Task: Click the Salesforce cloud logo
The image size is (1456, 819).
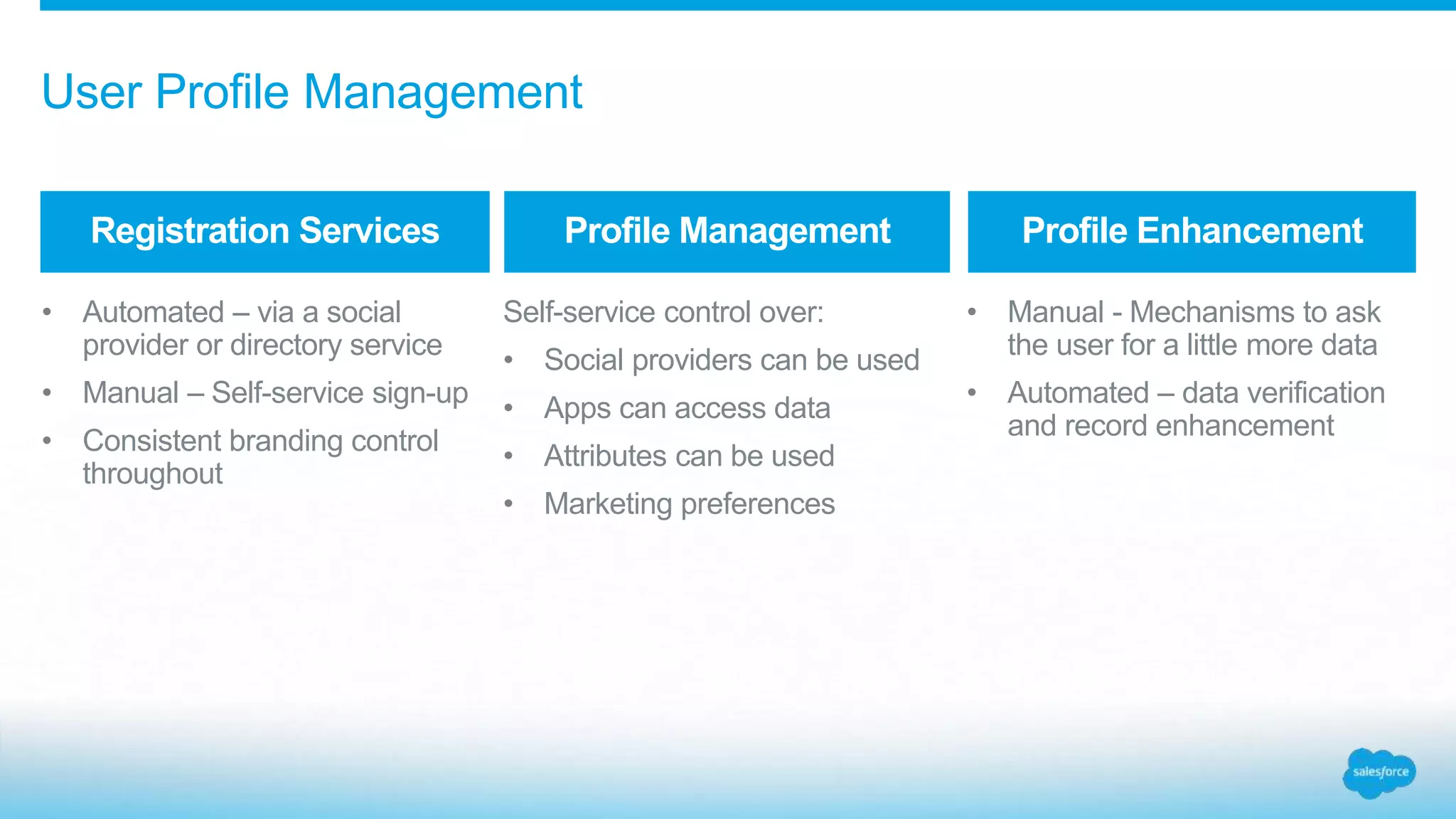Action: [x=1379, y=773]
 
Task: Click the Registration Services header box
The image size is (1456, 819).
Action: [x=264, y=232]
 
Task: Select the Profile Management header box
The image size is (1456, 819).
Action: [x=727, y=232]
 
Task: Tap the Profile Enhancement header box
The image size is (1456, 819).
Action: [x=1192, y=232]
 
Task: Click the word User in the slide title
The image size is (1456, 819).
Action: [x=92, y=92]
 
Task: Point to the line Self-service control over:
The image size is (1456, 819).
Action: [x=663, y=313]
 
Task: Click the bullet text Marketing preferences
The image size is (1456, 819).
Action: [x=689, y=504]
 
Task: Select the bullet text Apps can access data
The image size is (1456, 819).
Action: [x=687, y=409]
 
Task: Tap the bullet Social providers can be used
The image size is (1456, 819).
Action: [x=732, y=360]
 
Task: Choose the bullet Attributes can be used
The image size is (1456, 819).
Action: [x=689, y=456]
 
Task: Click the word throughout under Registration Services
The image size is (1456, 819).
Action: [x=152, y=474]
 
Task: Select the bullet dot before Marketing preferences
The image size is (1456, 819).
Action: [x=508, y=504]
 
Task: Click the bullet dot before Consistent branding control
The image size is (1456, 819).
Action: [x=47, y=441]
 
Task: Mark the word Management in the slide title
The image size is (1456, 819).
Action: [x=442, y=92]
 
